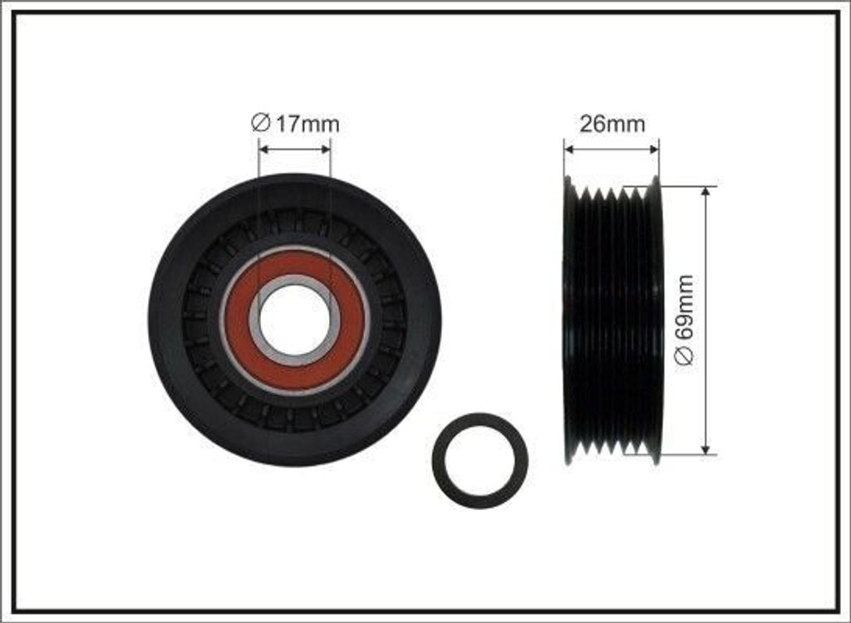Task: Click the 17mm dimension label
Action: pos(296,125)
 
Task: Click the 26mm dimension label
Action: pos(612,125)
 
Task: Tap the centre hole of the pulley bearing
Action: pos(295,320)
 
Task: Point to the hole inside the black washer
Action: pos(480,460)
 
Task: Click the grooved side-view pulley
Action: pos(612,320)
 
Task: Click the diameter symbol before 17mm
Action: pos(258,125)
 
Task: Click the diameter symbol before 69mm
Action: pos(686,356)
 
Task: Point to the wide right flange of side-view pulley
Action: pos(656,320)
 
